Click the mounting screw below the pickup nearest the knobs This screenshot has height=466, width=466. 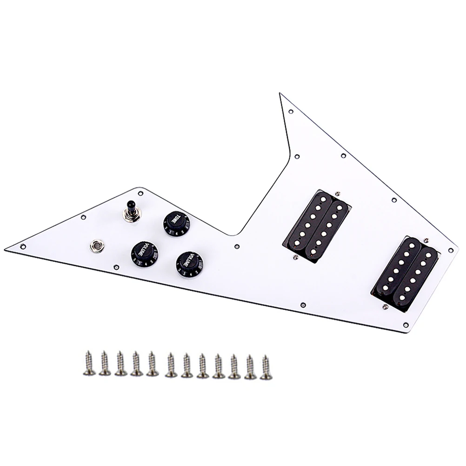tap(295, 255)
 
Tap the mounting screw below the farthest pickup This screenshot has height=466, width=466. tap(385, 307)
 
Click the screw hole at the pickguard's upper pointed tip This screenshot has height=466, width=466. tap(291, 112)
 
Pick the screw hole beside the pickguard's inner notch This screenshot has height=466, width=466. tap(237, 245)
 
